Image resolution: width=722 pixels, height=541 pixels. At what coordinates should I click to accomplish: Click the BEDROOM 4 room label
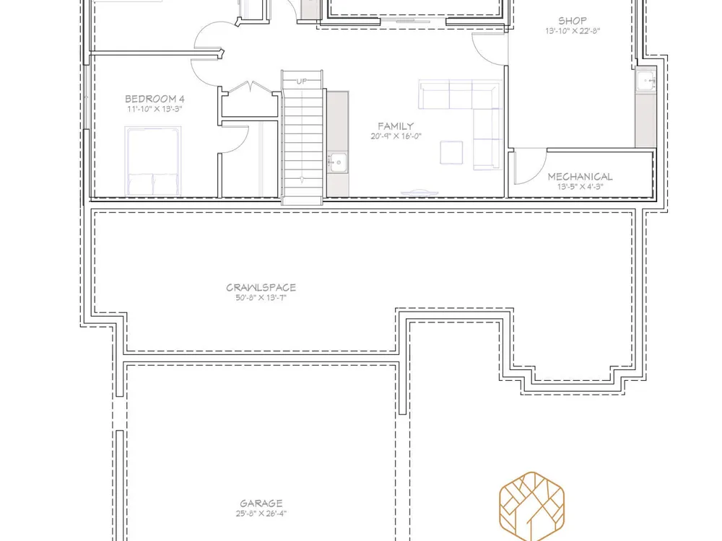pos(155,99)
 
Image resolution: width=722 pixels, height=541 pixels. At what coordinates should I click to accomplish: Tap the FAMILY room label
pos(396,126)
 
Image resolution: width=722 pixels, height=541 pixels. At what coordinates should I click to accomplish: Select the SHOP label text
pos(573,21)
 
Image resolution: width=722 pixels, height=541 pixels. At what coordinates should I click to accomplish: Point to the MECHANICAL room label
pos(580,177)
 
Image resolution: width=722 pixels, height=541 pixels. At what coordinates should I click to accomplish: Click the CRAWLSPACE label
pos(261,288)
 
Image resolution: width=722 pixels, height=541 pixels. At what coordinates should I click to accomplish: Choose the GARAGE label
pos(261,503)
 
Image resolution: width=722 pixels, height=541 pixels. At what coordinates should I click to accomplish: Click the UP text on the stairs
pos(302,82)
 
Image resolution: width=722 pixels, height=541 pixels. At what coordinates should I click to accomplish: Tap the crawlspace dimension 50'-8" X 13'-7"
pos(261,298)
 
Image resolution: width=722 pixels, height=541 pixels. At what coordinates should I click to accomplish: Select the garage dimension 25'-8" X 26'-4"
pos(261,514)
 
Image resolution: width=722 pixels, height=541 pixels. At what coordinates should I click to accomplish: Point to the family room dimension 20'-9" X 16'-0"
pos(396,136)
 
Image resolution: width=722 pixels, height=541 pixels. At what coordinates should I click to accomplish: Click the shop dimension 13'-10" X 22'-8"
pos(573,31)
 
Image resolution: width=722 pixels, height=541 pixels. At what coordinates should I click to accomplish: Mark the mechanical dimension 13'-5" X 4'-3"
pos(580,187)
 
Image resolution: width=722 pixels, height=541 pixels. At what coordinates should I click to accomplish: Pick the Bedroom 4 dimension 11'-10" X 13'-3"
pos(155,109)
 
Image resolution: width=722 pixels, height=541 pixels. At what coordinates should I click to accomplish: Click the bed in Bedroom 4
pos(153,161)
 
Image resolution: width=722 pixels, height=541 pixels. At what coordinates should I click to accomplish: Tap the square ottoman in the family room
pos(451,152)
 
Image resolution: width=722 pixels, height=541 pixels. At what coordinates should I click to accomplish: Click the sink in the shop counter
pos(646,81)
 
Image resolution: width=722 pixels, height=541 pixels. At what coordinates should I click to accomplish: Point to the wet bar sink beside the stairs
pos(337,162)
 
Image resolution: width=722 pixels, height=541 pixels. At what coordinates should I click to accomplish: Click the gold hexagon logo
pos(532,506)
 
